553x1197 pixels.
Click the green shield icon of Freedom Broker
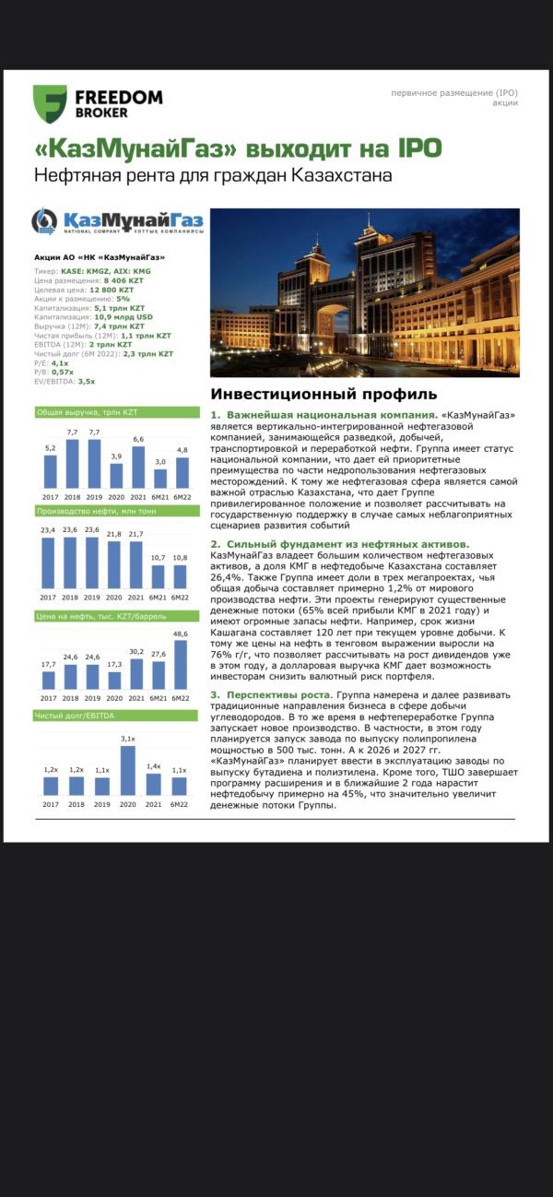pos(50,104)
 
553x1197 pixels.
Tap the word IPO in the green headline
pos(415,148)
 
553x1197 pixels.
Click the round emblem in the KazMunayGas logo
pos(44,221)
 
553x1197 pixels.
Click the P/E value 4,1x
pos(60,363)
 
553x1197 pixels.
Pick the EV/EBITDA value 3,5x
pos(87,381)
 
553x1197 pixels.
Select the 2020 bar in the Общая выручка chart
pos(116,475)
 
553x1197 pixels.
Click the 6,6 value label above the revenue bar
pos(138,439)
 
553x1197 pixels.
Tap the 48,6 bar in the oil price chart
pos(182,664)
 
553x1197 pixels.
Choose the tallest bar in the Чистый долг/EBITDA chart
pos(127,770)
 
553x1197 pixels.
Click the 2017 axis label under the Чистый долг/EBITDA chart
pos(50,804)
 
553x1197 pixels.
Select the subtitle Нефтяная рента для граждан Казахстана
pos(213,175)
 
